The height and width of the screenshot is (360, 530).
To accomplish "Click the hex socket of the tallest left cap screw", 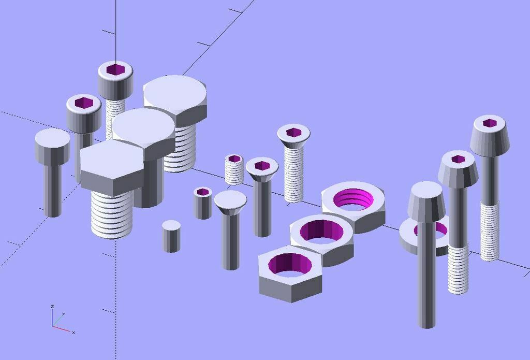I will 115,70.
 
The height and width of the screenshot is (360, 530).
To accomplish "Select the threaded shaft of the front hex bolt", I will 111,215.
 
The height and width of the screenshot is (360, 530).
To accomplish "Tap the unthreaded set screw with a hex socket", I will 203,202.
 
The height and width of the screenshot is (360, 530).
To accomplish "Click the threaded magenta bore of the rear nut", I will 353,199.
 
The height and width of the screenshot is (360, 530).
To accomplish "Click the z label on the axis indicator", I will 52,307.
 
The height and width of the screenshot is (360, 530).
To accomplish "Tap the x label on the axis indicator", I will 73,332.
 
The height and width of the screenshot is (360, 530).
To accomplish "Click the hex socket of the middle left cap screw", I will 83,103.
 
